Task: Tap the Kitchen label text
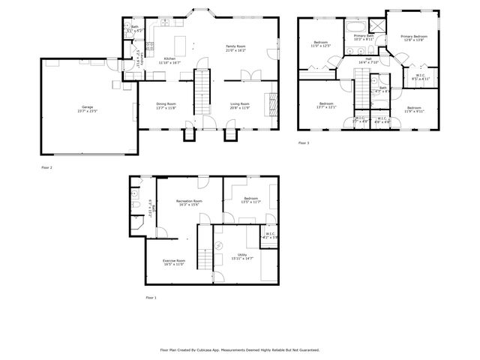coord(169,58)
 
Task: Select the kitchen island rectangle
coord(180,41)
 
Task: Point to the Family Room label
coord(236,46)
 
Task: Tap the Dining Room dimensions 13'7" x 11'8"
coord(166,108)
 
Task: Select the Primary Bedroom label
coord(413,36)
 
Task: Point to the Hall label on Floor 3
coord(368,58)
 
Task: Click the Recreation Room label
coord(189,201)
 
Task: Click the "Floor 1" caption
coord(151,298)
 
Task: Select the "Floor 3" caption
coord(303,142)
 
